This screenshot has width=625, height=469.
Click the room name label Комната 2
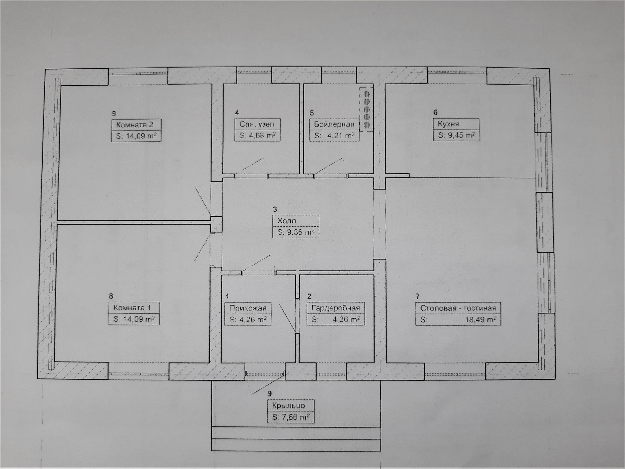pos(134,125)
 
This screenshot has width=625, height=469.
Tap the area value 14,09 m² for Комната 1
pos(134,319)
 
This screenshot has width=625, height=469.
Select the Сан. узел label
pos(257,124)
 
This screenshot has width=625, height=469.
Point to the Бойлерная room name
pos(334,124)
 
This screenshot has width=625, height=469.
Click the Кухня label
pos(448,124)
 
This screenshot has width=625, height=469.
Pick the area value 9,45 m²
pos(456,135)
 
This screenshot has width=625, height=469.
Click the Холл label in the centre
pos(286,221)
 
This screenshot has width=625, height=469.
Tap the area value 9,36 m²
pos(296,232)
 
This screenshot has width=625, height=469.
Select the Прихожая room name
pos(248,308)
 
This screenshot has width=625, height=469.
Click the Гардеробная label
pos(336,308)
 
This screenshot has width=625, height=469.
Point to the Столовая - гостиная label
pos(458,308)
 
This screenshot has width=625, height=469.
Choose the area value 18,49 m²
pos(480,320)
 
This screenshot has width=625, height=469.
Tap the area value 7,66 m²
pos(291,417)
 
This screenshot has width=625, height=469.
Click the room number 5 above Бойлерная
pos(312,113)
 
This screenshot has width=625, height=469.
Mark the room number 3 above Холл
pos(275,209)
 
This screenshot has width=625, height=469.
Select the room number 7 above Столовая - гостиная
pos(418,296)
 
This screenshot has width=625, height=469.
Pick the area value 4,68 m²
pos(257,135)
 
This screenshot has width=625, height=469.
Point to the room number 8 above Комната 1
pos(111,296)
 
